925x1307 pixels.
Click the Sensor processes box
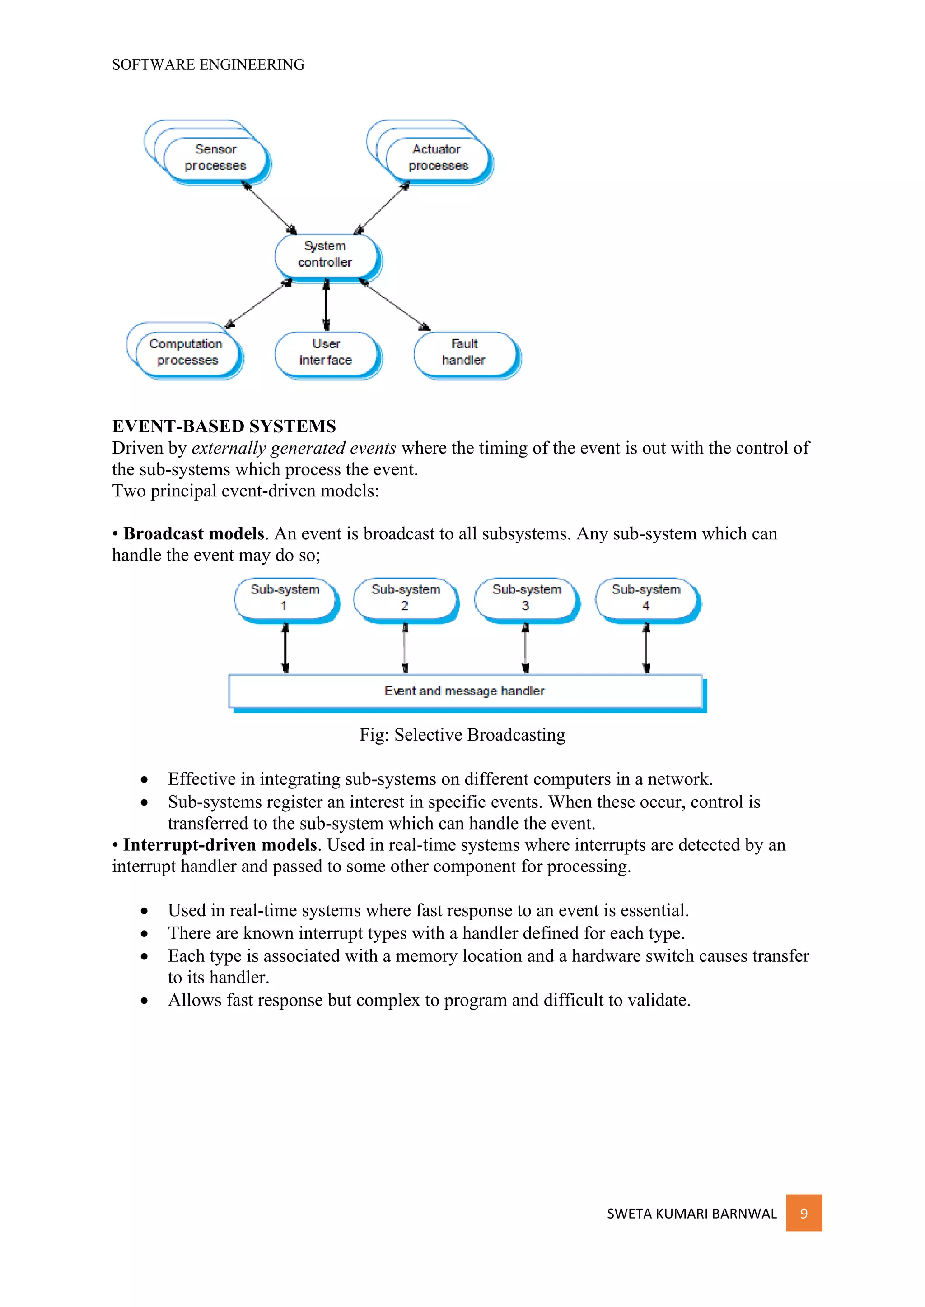coord(215,158)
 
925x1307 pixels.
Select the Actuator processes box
coord(438,158)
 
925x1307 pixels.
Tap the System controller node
coord(326,255)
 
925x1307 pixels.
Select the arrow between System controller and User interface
coord(326,305)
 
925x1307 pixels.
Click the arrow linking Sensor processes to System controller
coord(269,207)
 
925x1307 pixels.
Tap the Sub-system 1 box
coord(285,598)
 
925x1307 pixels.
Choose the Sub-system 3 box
coord(526,598)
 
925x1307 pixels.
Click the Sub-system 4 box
coord(646,598)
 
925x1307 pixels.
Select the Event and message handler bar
coord(465,691)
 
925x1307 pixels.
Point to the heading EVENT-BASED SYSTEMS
coord(224,426)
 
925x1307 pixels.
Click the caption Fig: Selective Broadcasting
coord(462,735)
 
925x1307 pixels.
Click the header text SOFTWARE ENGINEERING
coord(208,65)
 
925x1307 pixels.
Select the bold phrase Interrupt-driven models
coord(220,845)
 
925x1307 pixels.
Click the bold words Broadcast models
coord(194,534)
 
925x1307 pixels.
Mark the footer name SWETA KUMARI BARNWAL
coord(691,1214)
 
